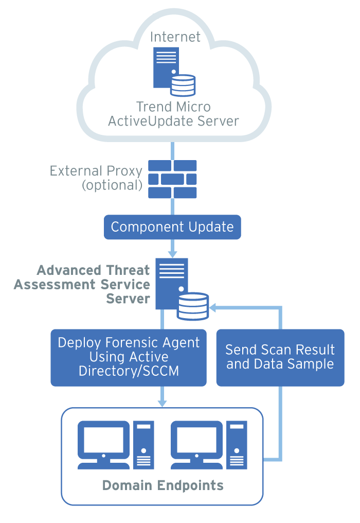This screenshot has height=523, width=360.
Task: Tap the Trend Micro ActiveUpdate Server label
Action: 173,114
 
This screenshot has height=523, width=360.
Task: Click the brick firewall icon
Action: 173,179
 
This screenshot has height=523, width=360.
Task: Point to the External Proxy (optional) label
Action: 96,178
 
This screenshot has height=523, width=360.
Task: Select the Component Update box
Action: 172,227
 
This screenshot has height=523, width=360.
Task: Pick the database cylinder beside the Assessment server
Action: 193,306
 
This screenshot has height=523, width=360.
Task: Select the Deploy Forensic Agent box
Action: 129,357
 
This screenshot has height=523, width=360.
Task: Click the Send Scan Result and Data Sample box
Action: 280,357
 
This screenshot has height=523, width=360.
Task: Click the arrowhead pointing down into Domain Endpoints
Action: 163,403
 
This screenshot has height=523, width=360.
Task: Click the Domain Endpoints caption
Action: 163,485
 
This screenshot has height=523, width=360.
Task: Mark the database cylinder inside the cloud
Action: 183,85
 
